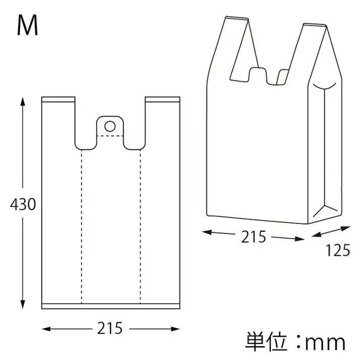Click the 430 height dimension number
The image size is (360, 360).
(23, 204)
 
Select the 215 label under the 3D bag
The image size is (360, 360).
(253, 236)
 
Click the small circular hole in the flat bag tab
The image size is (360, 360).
(110, 125)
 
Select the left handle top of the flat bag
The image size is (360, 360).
(59, 99)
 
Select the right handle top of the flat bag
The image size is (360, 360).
(162, 99)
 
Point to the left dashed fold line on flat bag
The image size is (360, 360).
(81, 227)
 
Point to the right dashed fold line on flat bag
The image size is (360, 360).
(140, 227)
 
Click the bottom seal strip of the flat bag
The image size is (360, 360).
(110, 306)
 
